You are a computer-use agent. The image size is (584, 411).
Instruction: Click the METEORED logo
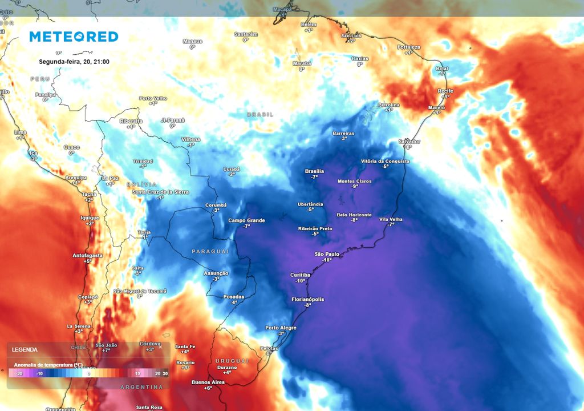pos(74,37)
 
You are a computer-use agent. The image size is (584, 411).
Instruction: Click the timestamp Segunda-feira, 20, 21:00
pos(74,62)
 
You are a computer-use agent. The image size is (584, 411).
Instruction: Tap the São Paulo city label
pos(327,253)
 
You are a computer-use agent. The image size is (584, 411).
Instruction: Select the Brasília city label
pos(314,171)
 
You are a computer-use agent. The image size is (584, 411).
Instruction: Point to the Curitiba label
pos(300,275)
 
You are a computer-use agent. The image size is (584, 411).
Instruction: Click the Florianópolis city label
pos(307,299)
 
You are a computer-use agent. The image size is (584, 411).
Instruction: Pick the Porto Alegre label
pos(281,328)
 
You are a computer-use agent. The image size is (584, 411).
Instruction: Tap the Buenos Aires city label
pos(209,382)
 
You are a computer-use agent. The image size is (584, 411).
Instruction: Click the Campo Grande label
pos(246,220)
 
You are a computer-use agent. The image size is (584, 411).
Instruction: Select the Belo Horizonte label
pos(354,215)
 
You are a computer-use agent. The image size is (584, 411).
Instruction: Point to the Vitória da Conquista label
pos(385,161)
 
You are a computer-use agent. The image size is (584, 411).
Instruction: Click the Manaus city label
pos(192,41)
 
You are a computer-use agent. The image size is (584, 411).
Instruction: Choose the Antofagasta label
pos(88,255)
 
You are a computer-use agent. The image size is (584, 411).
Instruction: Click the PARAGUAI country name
pos(210,251)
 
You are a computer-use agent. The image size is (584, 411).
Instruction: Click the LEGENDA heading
pos(25,349)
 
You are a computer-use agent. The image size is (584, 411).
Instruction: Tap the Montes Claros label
pos(354,181)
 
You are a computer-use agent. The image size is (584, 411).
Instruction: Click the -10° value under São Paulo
pos(327,260)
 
